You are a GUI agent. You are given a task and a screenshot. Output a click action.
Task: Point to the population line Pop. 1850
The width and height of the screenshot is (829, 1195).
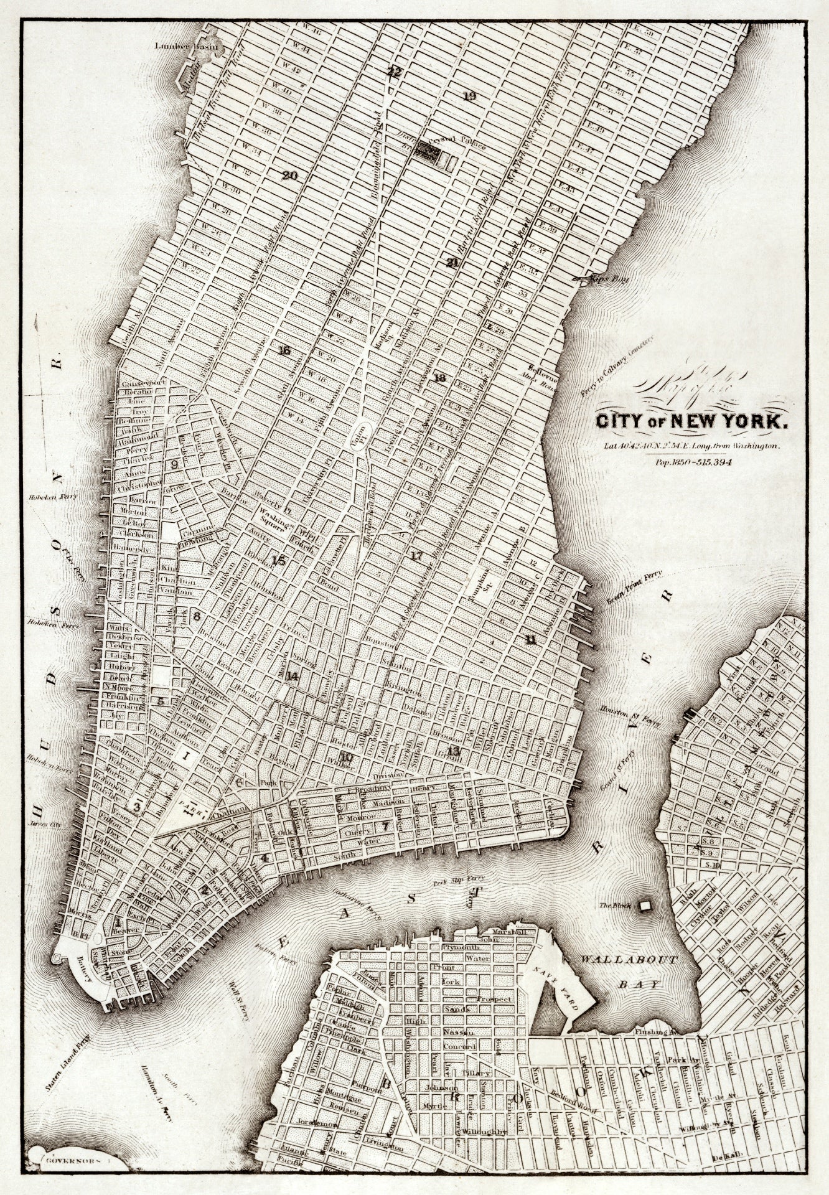click(691, 462)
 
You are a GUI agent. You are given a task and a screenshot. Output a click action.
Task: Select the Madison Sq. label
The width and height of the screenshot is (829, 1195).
click(388, 329)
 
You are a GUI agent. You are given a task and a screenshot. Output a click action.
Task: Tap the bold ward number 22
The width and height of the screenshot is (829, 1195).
click(394, 72)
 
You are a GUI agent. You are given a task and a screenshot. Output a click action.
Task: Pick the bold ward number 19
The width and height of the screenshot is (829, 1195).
click(469, 96)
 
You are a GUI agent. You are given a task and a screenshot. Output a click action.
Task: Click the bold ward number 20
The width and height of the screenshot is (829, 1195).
click(289, 176)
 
